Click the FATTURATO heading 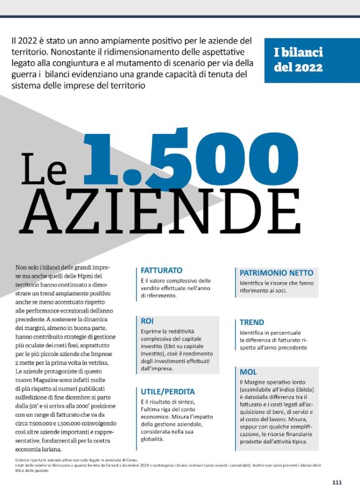[161, 270]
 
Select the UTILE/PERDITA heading [168, 391]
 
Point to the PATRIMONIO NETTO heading [276, 272]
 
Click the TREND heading [252, 322]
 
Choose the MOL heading [248, 372]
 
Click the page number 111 [337, 482]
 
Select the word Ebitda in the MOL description [305, 388]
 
